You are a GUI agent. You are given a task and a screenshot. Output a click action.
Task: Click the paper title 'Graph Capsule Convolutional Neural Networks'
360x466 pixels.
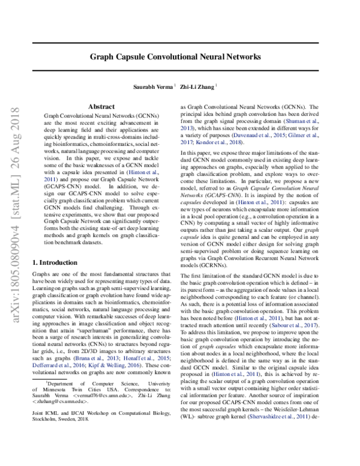(175, 58)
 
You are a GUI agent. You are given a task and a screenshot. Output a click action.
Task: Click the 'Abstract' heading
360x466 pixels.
(101, 106)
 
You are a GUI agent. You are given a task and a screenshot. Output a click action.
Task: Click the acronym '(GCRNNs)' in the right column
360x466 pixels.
(211, 214)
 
